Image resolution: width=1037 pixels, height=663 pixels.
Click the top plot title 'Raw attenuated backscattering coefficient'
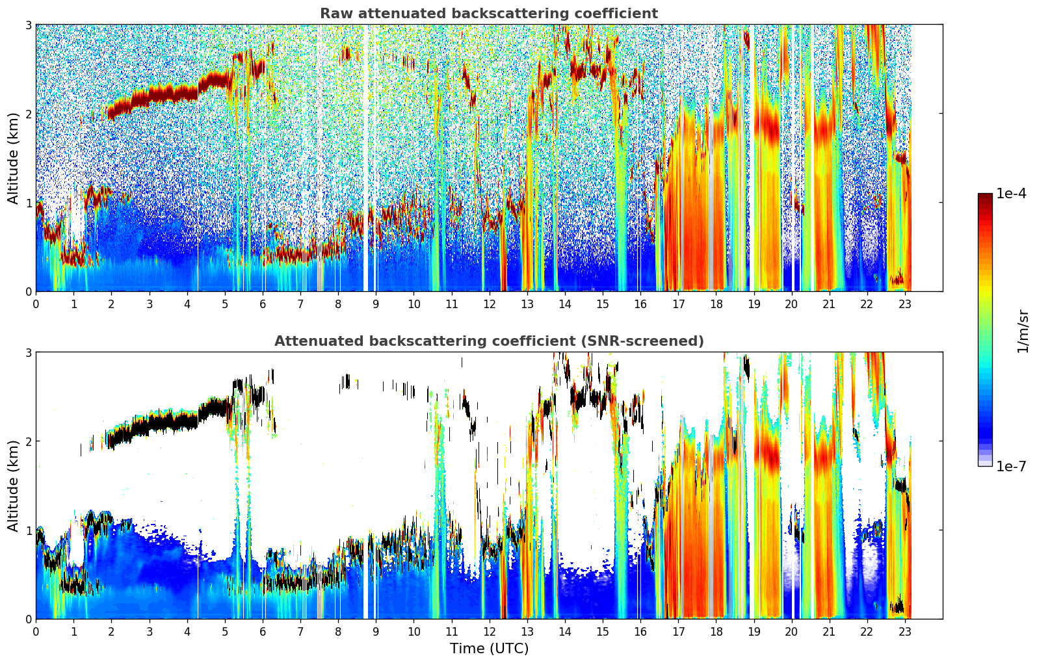click(488, 14)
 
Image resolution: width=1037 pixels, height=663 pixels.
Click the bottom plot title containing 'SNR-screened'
click(488, 341)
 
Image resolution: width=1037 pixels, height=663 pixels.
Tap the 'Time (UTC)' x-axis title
click(489, 649)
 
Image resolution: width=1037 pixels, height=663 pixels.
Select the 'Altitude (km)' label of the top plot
click(13, 158)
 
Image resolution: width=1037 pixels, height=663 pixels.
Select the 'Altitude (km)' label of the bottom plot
click(13, 486)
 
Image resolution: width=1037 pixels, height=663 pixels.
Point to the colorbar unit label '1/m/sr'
click(1023, 330)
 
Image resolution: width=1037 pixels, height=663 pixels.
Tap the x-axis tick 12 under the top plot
click(489, 304)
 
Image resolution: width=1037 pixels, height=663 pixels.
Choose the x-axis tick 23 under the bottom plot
click(904, 631)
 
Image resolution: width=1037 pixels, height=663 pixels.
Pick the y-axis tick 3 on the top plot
click(28, 25)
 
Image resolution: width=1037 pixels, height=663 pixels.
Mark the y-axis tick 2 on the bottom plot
click(28, 441)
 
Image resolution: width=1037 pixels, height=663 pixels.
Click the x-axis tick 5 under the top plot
click(225, 304)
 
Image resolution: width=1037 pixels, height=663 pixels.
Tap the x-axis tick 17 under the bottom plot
click(678, 631)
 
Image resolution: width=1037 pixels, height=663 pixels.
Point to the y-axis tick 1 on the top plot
click(28, 203)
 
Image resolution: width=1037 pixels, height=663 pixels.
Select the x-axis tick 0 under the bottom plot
click(36, 631)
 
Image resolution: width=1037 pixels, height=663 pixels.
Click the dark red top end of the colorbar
click(985, 196)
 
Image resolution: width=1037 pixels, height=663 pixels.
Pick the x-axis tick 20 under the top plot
click(791, 304)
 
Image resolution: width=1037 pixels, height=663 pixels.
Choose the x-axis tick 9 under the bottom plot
click(376, 631)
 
